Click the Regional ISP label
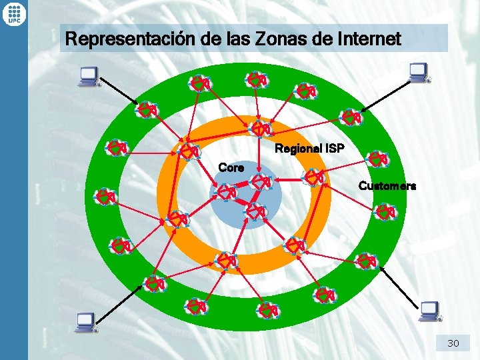[309, 149]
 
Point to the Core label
[231, 168]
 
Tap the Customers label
[387, 186]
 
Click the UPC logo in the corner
[14, 13]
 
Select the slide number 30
[453, 343]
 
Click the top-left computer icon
[87, 77]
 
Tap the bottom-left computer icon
[86, 322]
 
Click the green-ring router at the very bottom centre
[269, 310]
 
